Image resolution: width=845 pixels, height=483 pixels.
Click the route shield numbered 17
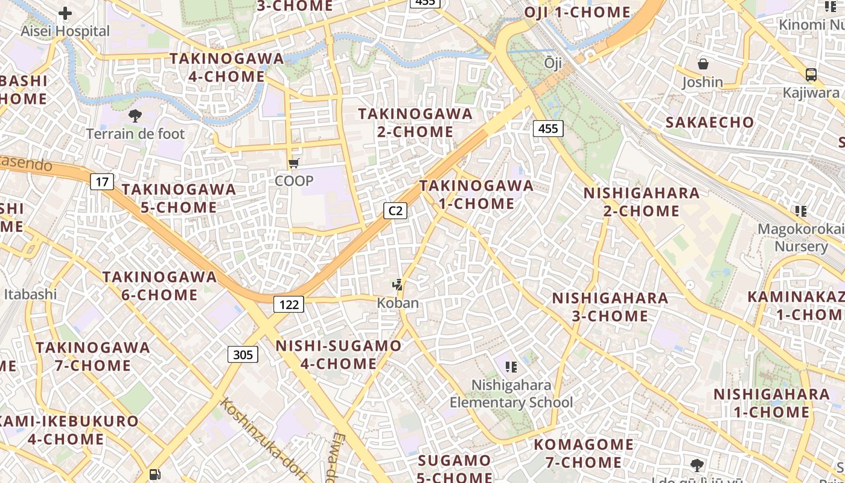[x=102, y=181]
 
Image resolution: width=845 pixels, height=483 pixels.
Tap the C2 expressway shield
[x=395, y=211]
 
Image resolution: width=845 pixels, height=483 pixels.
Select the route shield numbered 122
[x=289, y=304]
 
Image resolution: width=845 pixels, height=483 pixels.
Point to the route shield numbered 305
[x=243, y=354]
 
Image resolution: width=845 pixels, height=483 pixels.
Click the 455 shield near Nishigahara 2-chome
[x=548, y=128]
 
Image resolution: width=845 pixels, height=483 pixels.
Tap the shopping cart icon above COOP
[x=294, y=163]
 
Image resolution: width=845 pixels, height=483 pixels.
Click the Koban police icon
[x=397, y=284]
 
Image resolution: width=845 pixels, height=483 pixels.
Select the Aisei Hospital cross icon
[x=65, y=13]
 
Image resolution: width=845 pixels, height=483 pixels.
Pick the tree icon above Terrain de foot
[x=135, y=115]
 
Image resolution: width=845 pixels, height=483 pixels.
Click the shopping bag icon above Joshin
[x=703, y=64]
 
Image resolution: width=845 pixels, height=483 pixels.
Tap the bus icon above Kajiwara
[x=811, y=75]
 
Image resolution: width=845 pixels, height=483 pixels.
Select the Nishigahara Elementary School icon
[x=511, y=366]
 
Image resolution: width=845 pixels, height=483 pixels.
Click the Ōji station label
[x=553, y=63]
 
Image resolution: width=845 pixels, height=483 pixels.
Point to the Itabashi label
[x=30, y=294]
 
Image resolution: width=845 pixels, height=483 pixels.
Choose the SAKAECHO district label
[x=710, y=122]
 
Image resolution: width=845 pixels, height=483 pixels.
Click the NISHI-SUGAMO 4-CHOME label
[x=338, y=354]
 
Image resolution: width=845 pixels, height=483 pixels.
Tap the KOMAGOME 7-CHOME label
[x=584, y=454]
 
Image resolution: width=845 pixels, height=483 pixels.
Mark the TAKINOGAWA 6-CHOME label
[x=159, y=286]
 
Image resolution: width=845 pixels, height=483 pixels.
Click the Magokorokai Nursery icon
[x=801, y=211]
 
